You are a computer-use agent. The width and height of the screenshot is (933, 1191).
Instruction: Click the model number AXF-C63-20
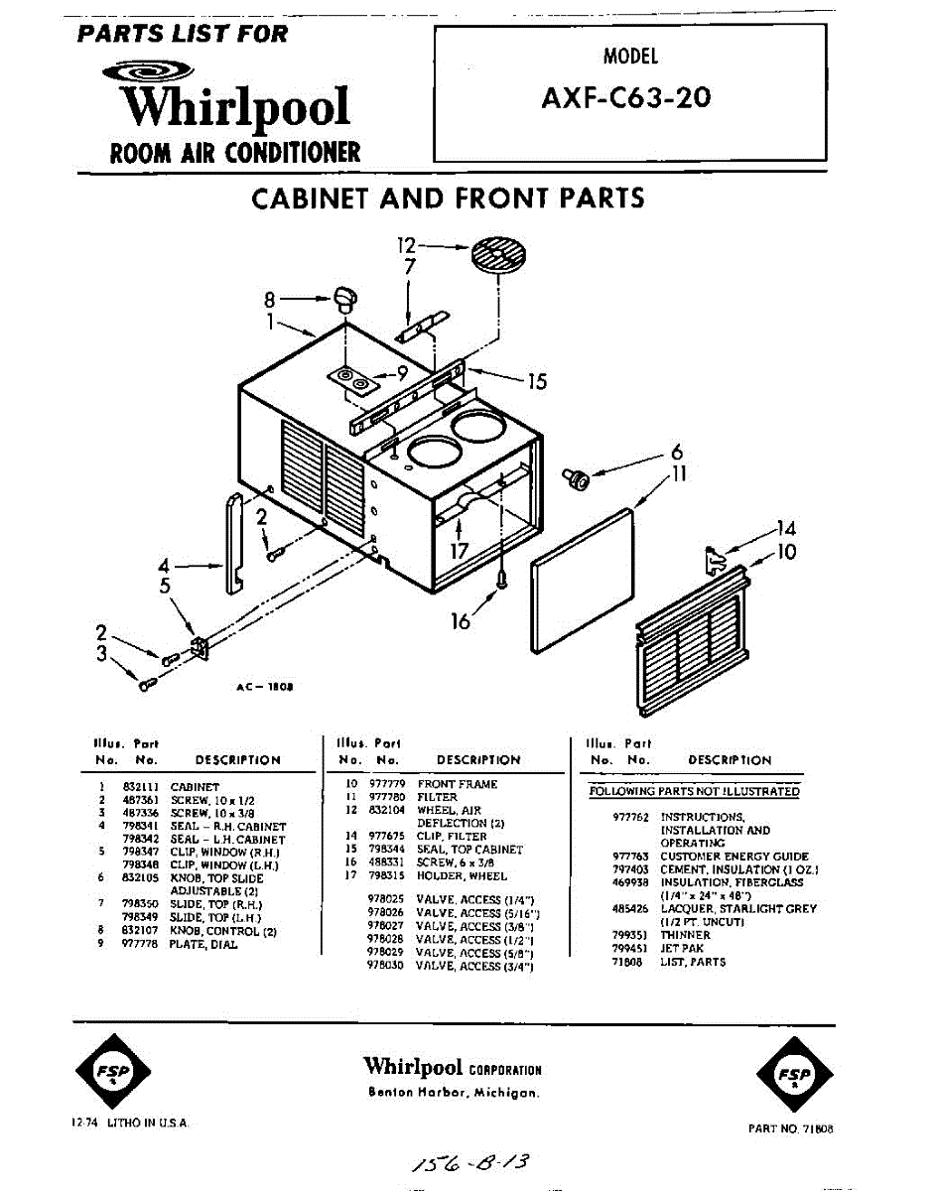[x=626, y=98]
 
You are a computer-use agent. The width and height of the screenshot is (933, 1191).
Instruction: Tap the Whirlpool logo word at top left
[x=234, y=107]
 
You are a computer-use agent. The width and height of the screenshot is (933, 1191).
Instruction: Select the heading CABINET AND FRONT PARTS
[x=448, y=198]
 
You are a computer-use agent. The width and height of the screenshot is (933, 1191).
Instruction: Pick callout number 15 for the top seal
[x=537, y=380]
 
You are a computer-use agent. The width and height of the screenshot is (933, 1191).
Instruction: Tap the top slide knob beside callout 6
[x=576, y=479]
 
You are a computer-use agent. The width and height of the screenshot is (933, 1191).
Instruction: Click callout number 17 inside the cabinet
[x=460, y=551]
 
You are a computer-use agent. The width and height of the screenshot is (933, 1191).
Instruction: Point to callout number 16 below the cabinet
[x=461, y=622]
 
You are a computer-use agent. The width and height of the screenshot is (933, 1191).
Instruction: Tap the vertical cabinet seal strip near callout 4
[x=235, y=543]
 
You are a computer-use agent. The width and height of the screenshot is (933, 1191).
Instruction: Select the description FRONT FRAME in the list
[x=458, y=784]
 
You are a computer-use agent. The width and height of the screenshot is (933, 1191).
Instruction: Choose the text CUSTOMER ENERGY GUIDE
[x=734, y=856]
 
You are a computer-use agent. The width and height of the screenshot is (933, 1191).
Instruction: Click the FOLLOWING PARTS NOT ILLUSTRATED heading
[x=695, y=791]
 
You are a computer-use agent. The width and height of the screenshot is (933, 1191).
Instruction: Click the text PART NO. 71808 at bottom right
[x=790, y=1128]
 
